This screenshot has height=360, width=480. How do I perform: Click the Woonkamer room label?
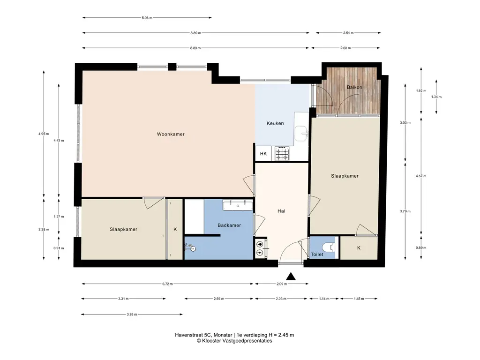point(171,134)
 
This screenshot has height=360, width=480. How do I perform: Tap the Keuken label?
point(275,123)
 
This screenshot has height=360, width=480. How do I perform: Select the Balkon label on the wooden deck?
point(354,87)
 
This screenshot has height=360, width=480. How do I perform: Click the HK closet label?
point(263,154)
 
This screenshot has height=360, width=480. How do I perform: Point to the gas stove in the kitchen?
point(282,153)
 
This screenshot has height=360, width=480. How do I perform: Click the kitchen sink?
point(301,134)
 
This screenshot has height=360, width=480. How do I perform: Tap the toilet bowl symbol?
point(329,247)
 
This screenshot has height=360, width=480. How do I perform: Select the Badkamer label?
point(229,225)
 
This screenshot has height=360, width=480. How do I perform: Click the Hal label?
point(281,211)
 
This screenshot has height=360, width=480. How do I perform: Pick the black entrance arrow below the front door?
point(291,277)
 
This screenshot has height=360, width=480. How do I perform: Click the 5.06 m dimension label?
point(147,18)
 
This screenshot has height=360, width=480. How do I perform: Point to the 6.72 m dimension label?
point(167,284)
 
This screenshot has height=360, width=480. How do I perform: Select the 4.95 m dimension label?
point(44,134)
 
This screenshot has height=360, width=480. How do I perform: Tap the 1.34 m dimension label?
point(436,97)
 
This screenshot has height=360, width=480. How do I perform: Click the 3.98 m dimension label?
point(132,314)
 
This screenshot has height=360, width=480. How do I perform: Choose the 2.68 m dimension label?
point(345,48)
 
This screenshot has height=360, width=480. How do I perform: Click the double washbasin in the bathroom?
point(238,205)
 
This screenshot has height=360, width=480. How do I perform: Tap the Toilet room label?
point(317,255)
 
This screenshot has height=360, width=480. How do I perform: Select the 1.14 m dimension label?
point(324,299)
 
